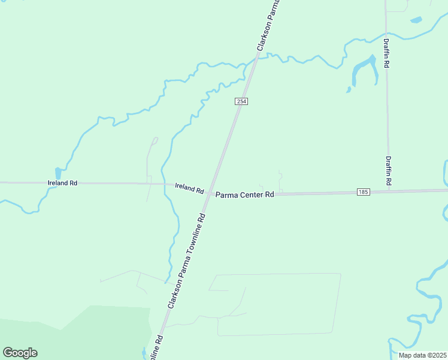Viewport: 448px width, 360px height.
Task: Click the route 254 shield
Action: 241,102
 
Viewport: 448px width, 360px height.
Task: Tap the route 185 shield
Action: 362,192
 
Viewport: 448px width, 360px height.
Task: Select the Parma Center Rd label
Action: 244,194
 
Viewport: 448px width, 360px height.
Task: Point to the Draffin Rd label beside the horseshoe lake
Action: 388,53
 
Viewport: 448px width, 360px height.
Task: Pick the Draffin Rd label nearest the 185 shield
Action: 389,170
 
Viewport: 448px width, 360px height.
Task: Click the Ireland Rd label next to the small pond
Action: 63,182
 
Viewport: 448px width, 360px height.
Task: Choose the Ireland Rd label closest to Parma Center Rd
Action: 189,188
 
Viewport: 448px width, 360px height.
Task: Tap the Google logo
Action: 20,352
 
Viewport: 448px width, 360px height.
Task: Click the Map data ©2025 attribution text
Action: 422,355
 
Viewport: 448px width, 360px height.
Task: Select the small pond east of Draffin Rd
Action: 416,20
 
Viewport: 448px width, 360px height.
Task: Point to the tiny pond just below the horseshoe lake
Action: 348,91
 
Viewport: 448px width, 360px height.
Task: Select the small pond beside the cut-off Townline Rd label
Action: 144,352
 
